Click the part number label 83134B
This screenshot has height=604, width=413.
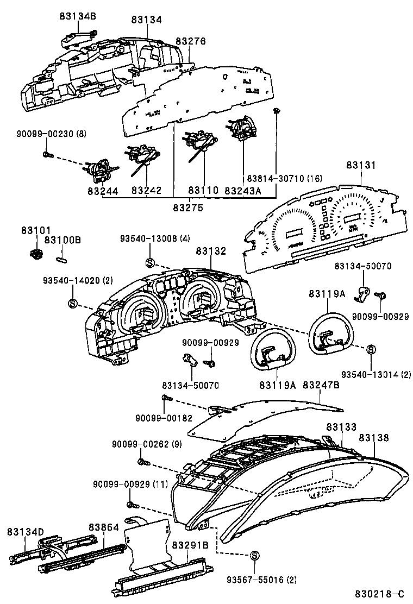click(x=78, y=17)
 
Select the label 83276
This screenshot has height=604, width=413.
click(x=191, y=41)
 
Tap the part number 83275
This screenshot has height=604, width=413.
click(x=188, y=207)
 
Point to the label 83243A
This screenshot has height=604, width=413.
click(x=242, y=191)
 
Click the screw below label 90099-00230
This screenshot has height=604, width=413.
click(x=46, y=154)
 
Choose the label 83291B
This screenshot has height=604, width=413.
click(x=190, y=544)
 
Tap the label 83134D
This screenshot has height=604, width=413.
click(x=25, y=531)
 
